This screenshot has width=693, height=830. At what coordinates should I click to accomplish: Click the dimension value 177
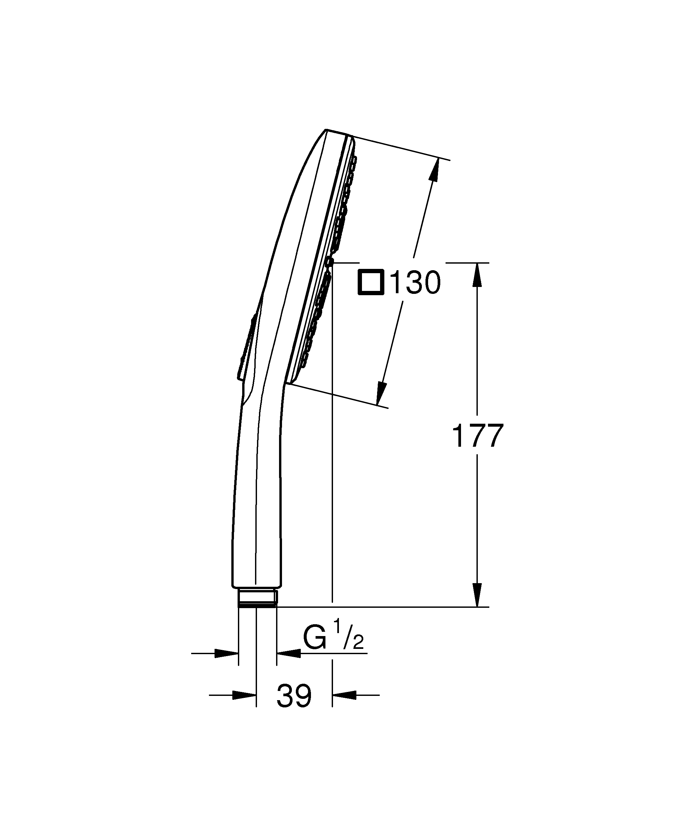(x=477, y=436)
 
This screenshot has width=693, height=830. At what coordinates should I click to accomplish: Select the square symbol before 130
(x=371, y=282)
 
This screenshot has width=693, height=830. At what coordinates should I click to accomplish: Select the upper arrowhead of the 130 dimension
(x=434, y=170)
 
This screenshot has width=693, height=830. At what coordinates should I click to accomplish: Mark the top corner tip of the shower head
(x=326, y=130)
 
